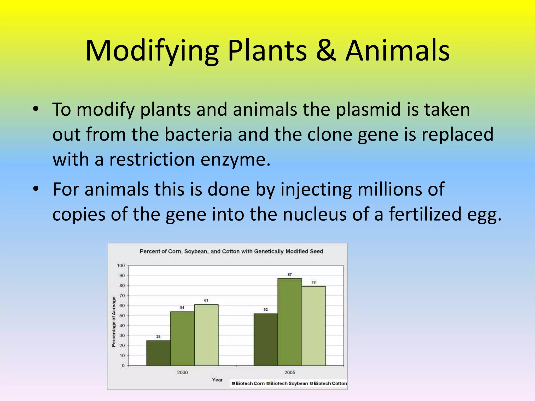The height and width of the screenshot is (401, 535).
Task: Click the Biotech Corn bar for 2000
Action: [158, 353]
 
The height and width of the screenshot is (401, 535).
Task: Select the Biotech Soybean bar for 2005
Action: [290, 322]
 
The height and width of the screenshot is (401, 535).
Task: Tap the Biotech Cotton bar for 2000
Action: [206, 335]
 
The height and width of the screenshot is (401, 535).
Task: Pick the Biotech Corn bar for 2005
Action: [266, 339]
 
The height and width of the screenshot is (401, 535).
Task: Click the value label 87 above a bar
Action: [289, 274]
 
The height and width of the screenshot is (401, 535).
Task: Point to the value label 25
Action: [158, 337]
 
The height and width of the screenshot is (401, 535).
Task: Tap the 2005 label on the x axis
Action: [290, 373]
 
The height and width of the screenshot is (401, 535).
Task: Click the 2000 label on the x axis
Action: [182, 373]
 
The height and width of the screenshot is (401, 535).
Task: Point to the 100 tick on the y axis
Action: [121, 266]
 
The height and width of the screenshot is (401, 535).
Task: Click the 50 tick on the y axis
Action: [122, 316]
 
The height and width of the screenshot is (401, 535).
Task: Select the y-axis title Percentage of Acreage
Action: [114, 322]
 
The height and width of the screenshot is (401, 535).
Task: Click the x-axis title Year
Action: [217, 380]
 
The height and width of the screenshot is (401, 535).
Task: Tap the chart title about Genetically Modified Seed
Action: [231, 251]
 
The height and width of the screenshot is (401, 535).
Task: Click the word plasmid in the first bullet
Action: [368, 109]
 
